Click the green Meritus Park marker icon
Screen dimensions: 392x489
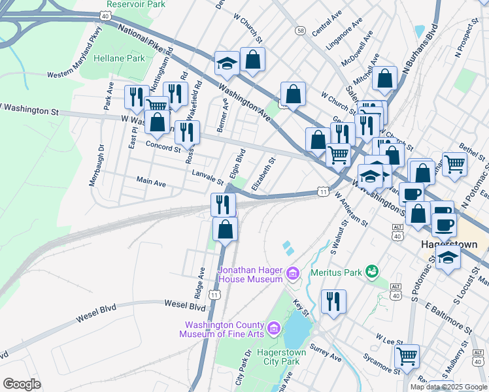click(x=372, y=270)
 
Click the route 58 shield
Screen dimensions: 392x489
click(x=300, y=31)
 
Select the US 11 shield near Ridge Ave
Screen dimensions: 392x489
click(x=214, y=295)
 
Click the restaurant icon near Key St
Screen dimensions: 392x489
click(x=333, y=301)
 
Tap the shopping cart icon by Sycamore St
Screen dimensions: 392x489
click(x=407, y=356)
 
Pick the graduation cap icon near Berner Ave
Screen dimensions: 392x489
click(x=227, y=63)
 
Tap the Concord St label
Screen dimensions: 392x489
click(x=163, y=146)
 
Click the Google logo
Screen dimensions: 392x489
click(x=22, y=384)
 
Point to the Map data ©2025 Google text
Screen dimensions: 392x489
click(x=448, y=387)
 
